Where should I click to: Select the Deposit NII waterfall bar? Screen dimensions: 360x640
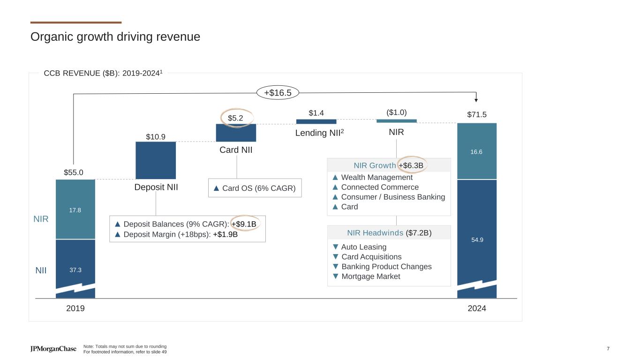click(156, 160)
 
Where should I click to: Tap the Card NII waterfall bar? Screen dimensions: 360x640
click(236, 133)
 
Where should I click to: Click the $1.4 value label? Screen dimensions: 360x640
click(316, 113)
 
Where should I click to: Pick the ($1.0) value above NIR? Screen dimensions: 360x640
click(396, 112)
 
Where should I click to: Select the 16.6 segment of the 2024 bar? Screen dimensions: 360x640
click(477, 151)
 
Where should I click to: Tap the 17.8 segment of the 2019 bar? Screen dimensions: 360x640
click(75, 210)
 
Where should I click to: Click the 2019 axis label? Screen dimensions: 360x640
click(75, 309)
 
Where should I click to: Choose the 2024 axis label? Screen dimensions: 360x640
click(477, 309)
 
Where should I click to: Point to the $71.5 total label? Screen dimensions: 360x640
click(477, 115)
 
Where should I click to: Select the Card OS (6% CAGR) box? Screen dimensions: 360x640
click(255, 188)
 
